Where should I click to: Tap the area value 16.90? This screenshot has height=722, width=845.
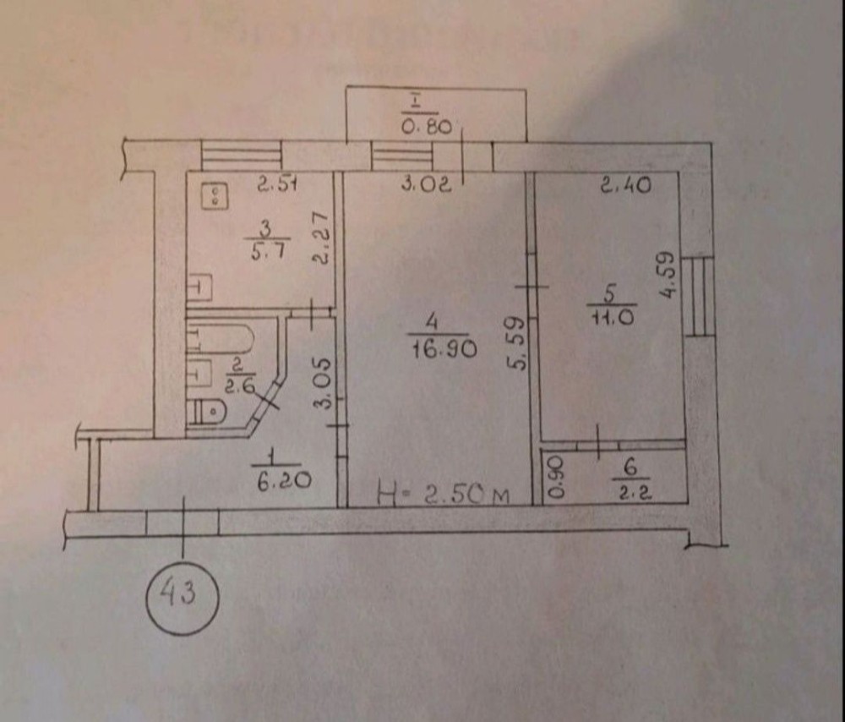444,351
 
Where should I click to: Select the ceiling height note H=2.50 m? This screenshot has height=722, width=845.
444,494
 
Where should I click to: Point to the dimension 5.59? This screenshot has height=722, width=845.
515,344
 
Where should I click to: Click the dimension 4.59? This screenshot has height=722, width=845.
667,275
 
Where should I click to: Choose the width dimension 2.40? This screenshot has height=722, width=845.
625,185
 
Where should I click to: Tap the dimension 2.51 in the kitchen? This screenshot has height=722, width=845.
277,185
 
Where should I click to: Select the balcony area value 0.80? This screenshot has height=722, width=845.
426,128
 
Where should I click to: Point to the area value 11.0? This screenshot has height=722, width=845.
612,317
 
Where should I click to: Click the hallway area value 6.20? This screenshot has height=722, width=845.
284,479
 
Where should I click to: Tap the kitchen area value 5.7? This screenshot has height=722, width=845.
266,252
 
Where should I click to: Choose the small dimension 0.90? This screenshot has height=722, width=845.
556,477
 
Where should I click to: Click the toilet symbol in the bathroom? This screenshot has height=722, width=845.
208,412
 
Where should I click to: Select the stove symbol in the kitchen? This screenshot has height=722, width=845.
215,195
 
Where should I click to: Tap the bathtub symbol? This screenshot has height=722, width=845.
220,338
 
